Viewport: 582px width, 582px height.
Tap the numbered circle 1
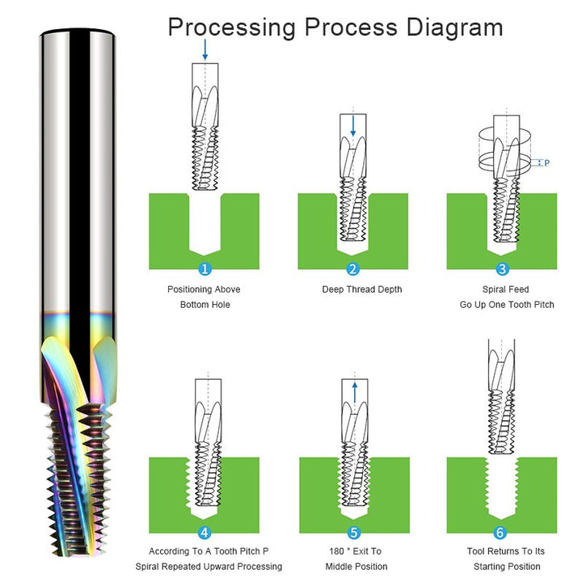tap(205, 268)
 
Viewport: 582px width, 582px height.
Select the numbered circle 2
tap(352, 268)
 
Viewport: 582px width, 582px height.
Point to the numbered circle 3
tap(502, 268)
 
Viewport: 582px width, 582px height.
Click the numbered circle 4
tap(205, 532)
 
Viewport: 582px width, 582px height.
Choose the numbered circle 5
tap(353, 532)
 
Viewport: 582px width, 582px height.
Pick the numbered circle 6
tap(501, 532)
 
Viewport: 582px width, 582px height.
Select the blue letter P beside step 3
tap(546, 162)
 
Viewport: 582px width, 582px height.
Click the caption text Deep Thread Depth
tap(361, 289)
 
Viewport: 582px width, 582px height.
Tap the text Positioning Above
tap(204, 289)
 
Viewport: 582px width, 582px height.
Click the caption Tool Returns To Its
tap(507, 551)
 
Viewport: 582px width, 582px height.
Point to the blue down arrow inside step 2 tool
tap(353, 127)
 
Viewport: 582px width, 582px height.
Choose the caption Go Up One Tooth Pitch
tap(507, 305)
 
